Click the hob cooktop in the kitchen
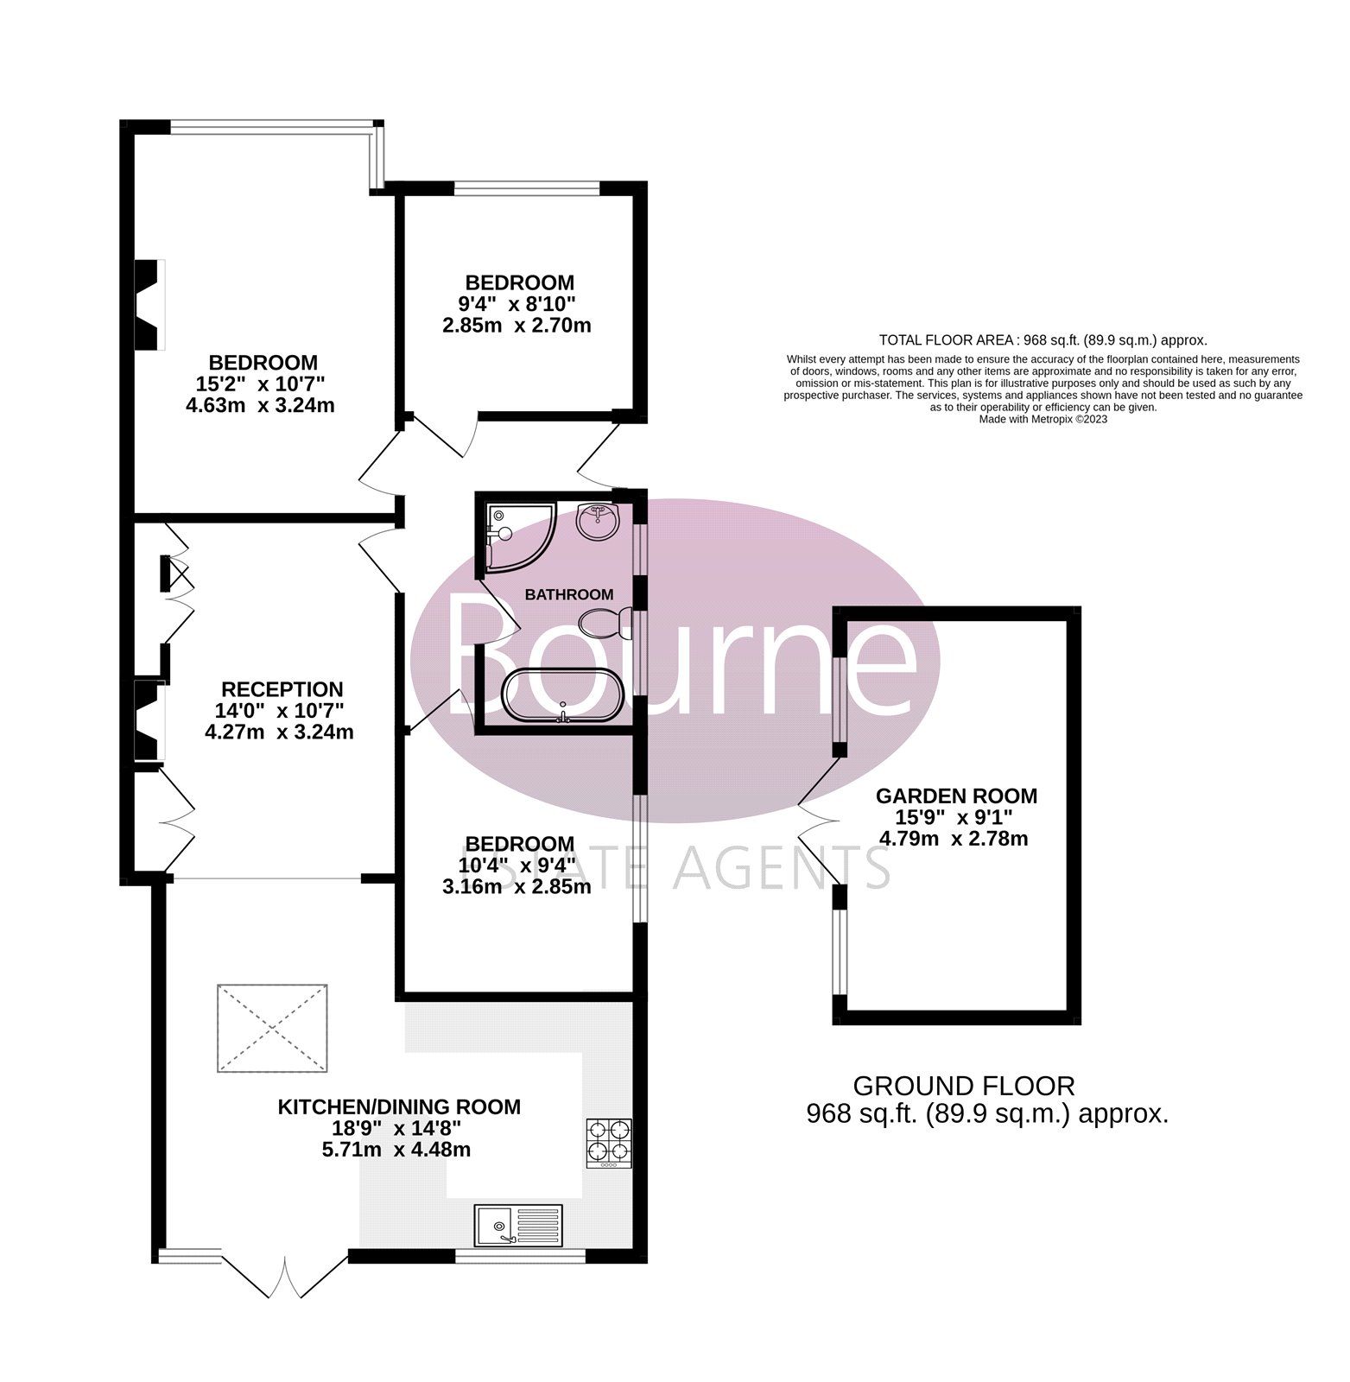[609, 1143]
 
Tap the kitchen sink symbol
[518, 1225]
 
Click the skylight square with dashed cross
[272, 1028]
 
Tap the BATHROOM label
[569, 594]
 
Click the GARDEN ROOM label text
[956, 796]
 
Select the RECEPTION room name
[282, 689]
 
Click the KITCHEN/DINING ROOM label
[399, 1106]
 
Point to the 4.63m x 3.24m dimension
[260, 404]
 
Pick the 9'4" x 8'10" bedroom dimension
[516, 304]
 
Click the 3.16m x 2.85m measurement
[516, 886]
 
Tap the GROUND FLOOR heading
[964, 1086]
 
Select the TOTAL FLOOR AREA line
[1043, 340]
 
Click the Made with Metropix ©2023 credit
[1043, 419]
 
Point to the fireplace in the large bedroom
[149, 305]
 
